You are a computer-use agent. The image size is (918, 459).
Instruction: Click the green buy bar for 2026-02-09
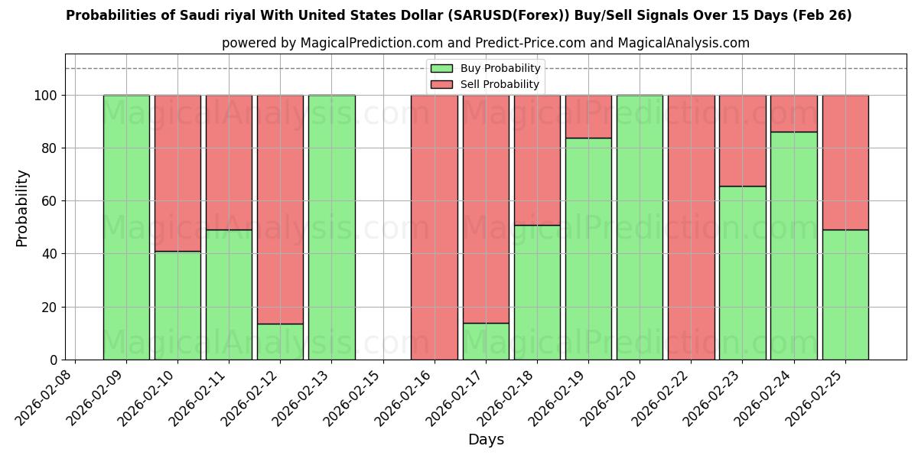(126, 227)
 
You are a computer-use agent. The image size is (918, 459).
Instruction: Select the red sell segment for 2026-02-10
(177, 173)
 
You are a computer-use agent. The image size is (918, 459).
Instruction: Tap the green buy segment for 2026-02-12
(280, 341)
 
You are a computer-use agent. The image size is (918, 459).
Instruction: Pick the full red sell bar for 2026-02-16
(435, 227)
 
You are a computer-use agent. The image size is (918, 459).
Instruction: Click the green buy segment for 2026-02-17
(486, 341)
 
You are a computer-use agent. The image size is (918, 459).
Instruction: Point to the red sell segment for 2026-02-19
(588, 116)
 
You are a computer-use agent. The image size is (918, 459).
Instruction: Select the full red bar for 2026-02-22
(691, 227)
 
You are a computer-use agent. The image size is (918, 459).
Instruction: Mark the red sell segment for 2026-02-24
(794, 113)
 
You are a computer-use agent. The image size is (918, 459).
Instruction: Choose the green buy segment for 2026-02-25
(845, 295)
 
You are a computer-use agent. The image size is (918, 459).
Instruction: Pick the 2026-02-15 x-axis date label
(355, 398)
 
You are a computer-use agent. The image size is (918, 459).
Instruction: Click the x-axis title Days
(486, 440)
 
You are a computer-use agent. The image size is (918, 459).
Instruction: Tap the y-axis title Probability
(22, 208)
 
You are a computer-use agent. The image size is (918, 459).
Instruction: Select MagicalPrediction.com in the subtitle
(363, 43)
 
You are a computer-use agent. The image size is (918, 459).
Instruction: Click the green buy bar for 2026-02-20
(640, 227)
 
